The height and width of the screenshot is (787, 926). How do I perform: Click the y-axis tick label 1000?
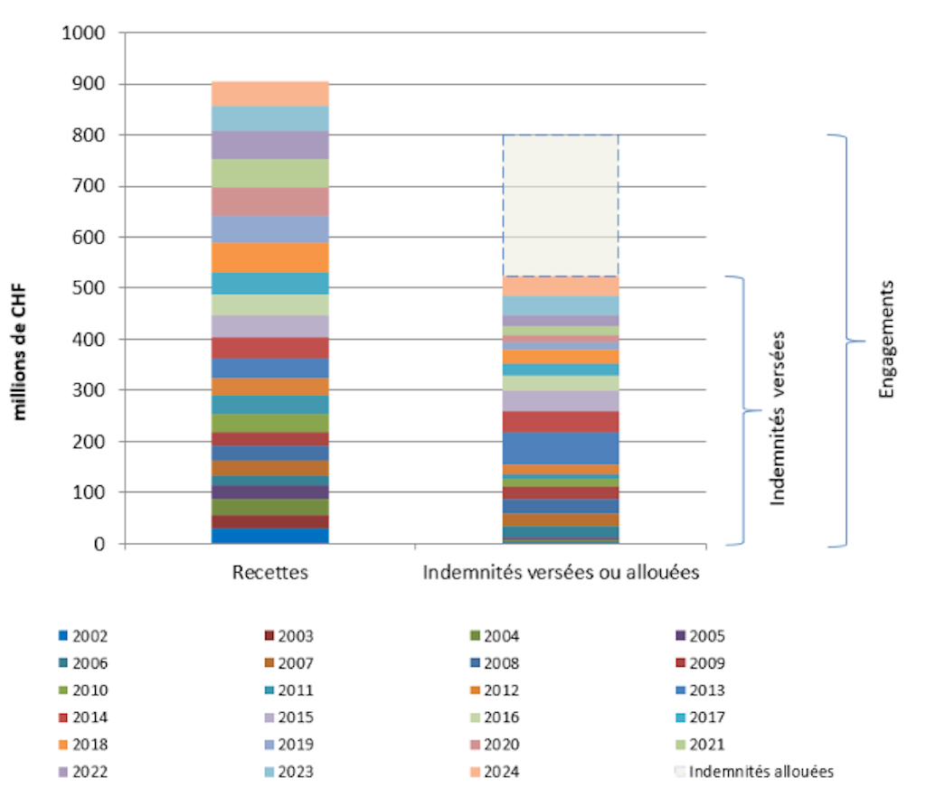[x=83, y=33]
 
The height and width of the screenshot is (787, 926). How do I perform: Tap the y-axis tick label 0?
[x=101, y=544]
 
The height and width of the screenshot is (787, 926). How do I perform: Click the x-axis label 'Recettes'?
[x=269, y=573]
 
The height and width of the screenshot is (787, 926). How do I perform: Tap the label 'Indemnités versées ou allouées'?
[x=561, y=573]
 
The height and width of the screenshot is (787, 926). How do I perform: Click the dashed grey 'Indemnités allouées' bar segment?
[x=561, y=205]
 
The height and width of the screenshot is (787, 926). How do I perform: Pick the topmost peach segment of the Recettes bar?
[x=269, y=93]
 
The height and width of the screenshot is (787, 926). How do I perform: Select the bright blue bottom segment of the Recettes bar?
[x=269, y=536]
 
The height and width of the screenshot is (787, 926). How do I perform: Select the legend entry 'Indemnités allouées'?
[x=760, y=772]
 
